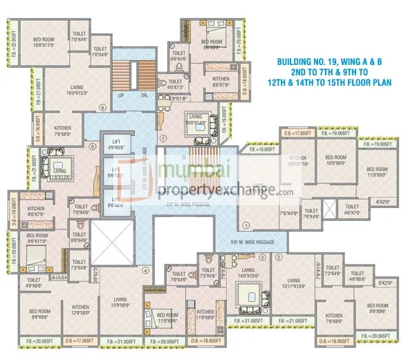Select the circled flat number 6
tap(102, 107)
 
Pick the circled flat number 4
tap(145, 270)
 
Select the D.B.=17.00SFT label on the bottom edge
tap(80, 341)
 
